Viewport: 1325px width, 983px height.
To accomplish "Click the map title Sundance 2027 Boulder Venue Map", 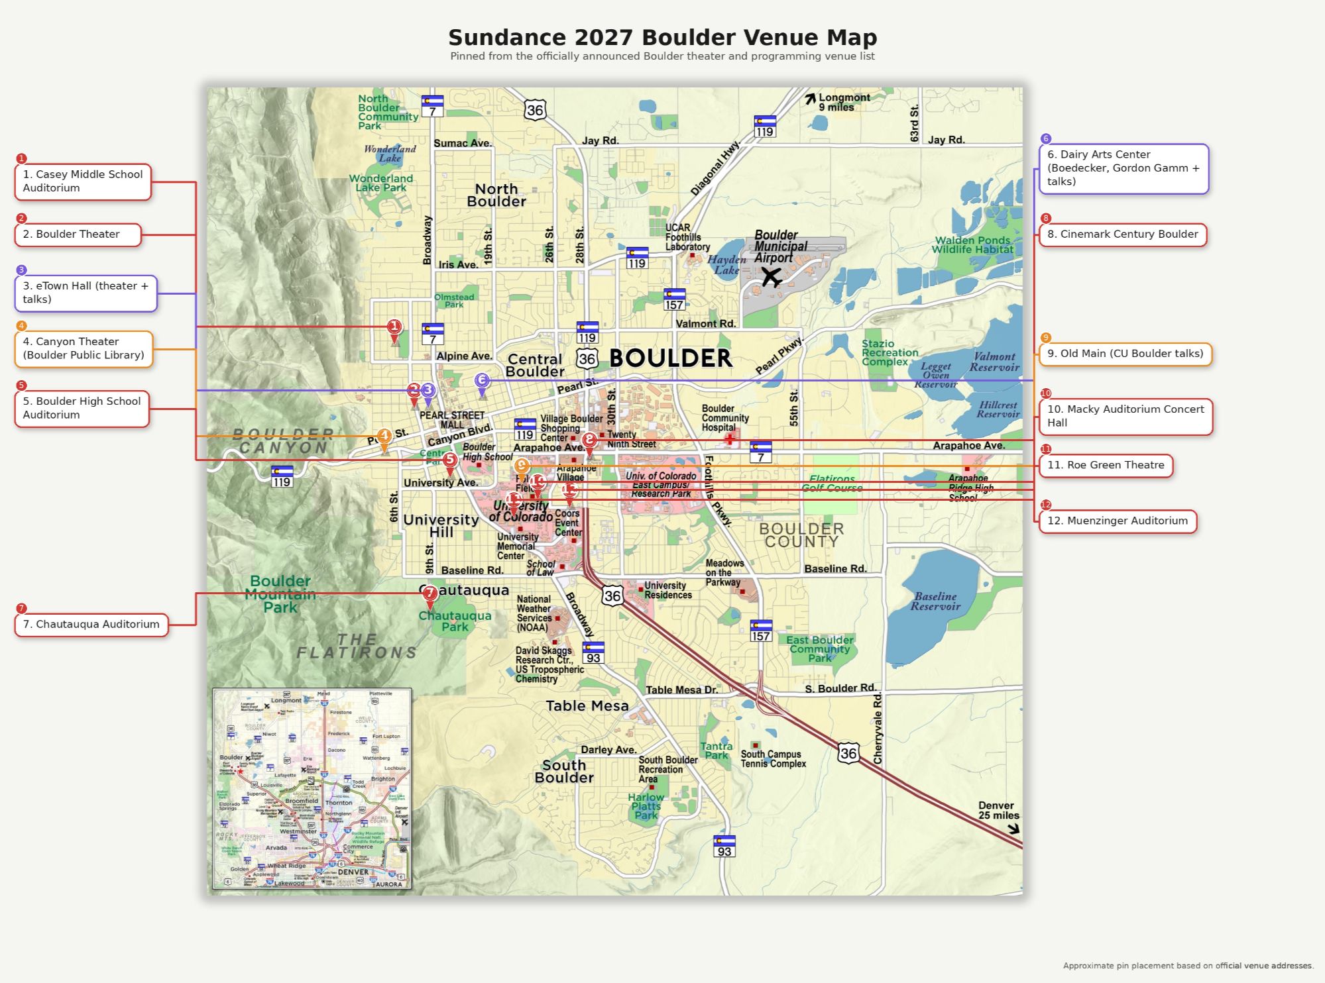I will (x=662, y=38).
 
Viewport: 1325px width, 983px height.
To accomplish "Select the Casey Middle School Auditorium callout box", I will (x=83, y=181).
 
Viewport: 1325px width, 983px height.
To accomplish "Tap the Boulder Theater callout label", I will (x=78, y=234).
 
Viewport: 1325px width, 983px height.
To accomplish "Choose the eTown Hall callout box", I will (x=86, y=293).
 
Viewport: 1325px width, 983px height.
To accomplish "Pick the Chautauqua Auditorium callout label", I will (x=91, y=625).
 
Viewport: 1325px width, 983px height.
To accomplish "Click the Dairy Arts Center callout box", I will (x=1123, y=168).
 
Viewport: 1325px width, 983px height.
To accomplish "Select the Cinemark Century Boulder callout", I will (x=1122, y=234).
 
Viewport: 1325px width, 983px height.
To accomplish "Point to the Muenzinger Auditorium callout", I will (x=1118, y=521).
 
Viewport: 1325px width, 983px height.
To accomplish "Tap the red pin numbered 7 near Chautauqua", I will (x=430, y=594).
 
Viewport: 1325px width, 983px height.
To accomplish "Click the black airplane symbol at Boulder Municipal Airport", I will (x=771, y=276).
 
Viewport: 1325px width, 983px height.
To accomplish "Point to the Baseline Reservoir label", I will (x=935, y=601).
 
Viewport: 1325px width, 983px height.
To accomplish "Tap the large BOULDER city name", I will (x=670, y=358).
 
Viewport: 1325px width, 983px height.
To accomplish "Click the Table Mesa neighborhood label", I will (x=587, y=706).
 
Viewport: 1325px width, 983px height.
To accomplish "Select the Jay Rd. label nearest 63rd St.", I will (x=946, y=140).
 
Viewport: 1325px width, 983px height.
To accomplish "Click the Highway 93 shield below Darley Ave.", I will (x=724, y=847).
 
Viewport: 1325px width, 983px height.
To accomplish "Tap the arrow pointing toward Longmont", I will (x=810, y=99).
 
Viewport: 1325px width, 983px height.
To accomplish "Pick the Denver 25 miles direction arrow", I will (x=1013, y=828).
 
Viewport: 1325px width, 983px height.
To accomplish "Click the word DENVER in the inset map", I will (x=353, y=872).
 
